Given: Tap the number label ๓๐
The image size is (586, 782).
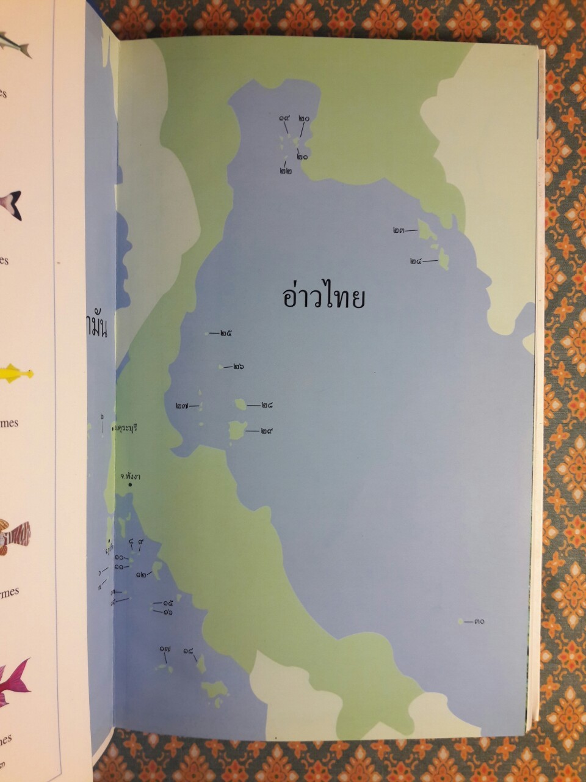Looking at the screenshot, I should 479,621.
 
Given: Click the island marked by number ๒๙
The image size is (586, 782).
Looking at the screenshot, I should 236,431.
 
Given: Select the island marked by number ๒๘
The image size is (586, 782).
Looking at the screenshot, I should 241,404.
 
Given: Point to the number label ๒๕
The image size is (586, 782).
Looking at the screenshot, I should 226,334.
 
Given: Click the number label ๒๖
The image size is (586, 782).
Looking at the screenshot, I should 238,367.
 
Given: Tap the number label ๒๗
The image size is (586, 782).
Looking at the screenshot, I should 182,406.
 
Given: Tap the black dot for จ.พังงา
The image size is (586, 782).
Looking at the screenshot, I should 129,485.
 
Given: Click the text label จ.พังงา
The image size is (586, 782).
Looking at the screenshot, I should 130,476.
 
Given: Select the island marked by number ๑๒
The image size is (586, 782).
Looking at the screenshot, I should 157,570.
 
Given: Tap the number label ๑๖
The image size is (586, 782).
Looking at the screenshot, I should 168,612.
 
